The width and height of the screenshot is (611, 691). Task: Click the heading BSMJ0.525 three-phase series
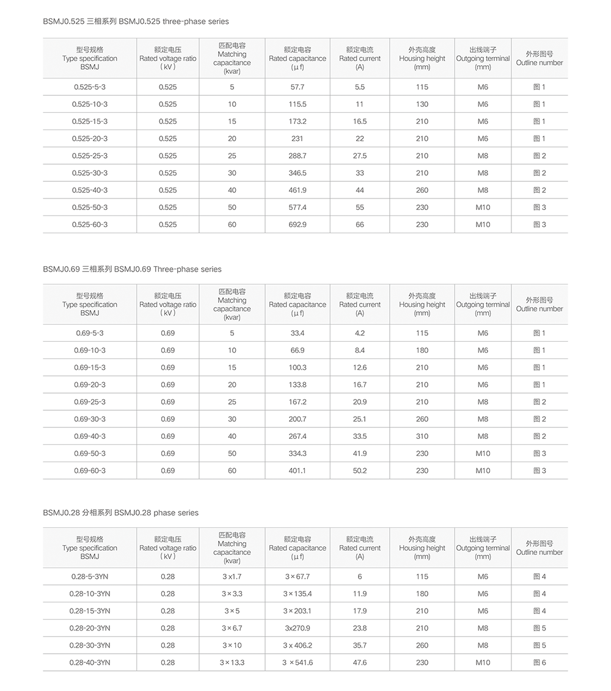(x=136, y=21)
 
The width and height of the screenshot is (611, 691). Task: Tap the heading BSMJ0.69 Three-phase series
(x=133, y=269)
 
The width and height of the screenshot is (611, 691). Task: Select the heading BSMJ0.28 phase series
(x=121, y=513)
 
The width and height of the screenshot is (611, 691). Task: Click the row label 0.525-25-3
(x=90, y=156)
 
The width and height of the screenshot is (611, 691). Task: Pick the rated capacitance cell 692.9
(x=298, y=225)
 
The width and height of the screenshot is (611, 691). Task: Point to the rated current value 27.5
(x=360, y=156)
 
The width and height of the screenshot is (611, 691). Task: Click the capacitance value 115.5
(x=298, y=104)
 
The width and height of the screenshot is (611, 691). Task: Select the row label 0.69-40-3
(x=90, y=436)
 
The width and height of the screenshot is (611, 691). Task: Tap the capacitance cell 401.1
(x=298, y=471)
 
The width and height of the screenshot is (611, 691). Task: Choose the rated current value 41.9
(x=360, y=454)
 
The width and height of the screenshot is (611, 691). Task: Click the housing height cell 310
(x=422, y=436)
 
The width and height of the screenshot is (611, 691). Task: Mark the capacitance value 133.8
(x=298, y=385)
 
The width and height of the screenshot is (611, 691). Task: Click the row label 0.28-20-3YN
(x=90, y=628)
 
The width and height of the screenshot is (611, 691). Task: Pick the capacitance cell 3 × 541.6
(x=298, y=662)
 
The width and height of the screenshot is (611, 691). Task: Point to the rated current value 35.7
(x=360, y=645)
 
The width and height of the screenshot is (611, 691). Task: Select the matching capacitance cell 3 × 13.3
(x=232, y=662)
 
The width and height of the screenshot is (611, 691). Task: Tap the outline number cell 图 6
(x=540, y=662)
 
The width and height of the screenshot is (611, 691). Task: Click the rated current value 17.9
(x=360, y=611)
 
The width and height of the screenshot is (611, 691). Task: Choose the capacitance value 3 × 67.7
(x=298, y=577)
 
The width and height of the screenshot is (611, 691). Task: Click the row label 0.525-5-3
(x=90, y=87)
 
